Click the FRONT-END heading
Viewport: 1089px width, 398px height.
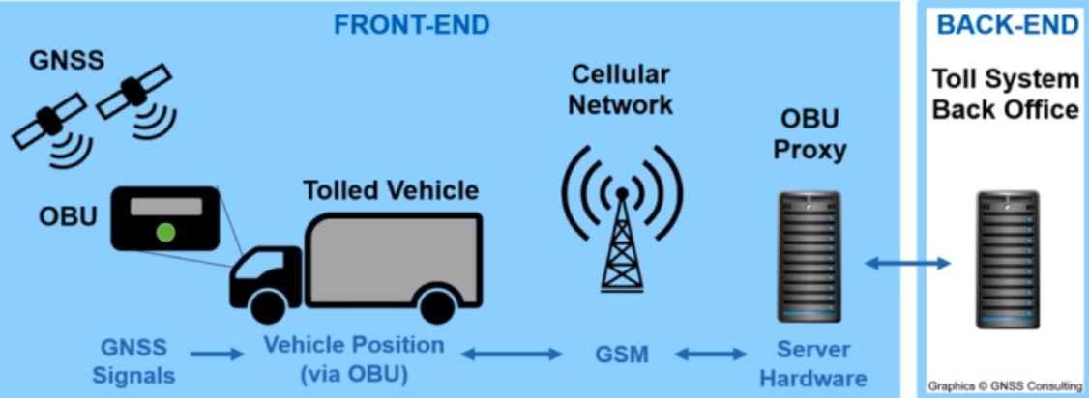412,25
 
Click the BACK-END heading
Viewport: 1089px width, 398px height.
1007,25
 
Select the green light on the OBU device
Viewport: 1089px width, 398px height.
166,232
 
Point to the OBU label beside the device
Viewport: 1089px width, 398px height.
67,215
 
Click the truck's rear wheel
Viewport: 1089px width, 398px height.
437,306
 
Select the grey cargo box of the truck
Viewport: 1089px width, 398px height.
393,256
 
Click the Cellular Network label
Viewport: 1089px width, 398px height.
620,89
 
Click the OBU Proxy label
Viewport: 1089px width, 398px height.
811,136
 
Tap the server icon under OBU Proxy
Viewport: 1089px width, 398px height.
810,256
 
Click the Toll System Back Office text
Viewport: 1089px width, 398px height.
1005,94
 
